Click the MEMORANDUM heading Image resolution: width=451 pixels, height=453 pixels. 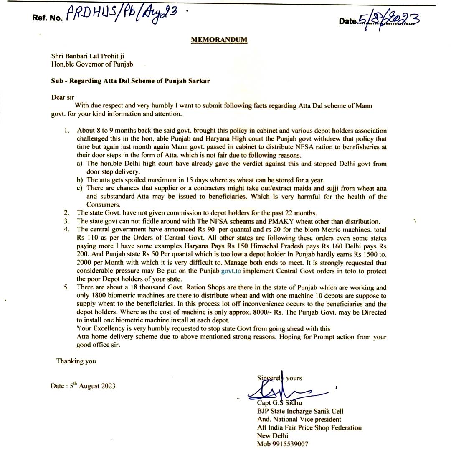pos(219,40)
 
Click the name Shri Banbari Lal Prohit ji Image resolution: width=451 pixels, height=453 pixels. pos(88,56)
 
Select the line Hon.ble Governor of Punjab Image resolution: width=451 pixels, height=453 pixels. pos(92,64)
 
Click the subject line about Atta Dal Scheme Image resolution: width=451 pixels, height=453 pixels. pos(130,81)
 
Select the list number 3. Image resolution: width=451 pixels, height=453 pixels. pos(66,221)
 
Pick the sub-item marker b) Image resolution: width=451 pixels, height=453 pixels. pos(79,180)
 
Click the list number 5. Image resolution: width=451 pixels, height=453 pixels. pos(66,287)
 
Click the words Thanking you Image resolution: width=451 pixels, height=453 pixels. pos(76,361)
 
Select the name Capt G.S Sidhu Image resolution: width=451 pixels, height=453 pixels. pos(279,403)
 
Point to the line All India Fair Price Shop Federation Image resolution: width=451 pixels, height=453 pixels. pos(309,427)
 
